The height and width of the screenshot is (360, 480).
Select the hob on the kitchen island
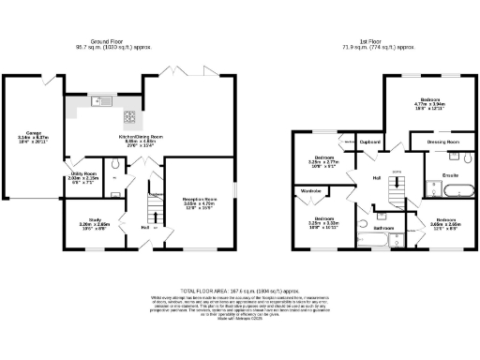(x=129, y=118)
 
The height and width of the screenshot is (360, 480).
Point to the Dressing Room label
(x=442, y=142)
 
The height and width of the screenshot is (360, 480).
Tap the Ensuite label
(x=438, y=175)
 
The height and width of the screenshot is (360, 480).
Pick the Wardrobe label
(x=311, y=191)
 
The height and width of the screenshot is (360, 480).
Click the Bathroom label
(x=382, y=228)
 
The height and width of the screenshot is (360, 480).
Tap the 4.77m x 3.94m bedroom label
(x=432, y=102)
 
